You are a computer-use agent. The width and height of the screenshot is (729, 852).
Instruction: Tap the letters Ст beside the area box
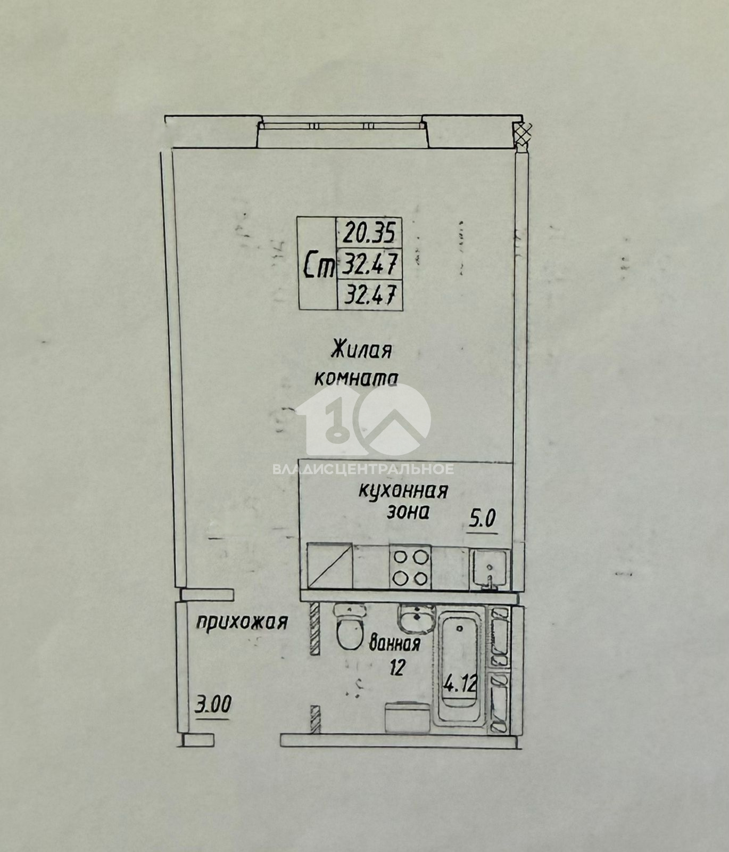tap(318, 265)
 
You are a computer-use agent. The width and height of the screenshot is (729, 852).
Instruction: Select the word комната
tap(356, 378)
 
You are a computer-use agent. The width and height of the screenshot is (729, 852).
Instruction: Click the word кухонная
tap(403, 490)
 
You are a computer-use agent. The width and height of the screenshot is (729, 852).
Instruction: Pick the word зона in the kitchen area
tap(408, 512)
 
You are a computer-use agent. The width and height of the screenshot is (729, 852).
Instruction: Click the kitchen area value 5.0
tap(482, 518)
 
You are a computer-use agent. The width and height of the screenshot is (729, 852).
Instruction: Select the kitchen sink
tap(490, 569)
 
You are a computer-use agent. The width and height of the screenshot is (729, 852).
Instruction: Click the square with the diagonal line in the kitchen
tap(329, 566)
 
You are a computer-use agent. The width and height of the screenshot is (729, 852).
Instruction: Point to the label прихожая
tap(242, 622)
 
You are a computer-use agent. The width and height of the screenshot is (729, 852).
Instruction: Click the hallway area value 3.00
tap(212, 705)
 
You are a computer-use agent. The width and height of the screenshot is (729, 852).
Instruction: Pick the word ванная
tap(395, 644)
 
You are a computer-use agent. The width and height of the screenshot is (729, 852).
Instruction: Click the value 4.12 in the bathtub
tap(460, 683)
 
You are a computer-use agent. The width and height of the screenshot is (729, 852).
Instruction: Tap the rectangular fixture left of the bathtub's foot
tap(407, 717)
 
